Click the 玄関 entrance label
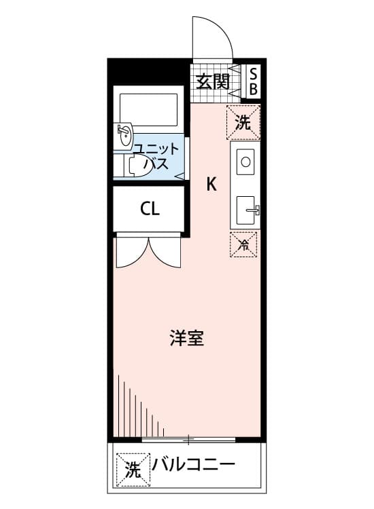[213, 81]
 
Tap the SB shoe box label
[253, 81]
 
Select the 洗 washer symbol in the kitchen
[243, 122]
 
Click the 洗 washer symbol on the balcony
[133, 470]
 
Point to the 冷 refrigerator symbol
[243, 244]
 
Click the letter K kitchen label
[211, 185]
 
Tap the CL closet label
[150, 209]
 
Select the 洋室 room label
[187, 338]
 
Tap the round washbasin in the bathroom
[124, 136]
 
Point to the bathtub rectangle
[149, 110]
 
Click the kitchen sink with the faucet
[245, 210]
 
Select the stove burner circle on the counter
[245, 162]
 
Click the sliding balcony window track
[188, 440]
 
